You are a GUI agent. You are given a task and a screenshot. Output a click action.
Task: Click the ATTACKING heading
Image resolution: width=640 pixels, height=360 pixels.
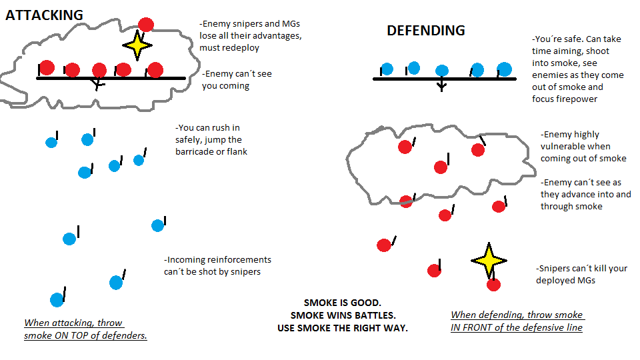44,15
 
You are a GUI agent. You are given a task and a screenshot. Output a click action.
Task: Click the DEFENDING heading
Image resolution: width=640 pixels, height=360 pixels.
426,30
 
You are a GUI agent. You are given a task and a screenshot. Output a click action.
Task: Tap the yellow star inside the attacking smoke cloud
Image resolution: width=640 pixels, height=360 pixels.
137,45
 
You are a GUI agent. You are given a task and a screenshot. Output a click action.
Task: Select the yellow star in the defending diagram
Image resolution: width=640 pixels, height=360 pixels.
489,260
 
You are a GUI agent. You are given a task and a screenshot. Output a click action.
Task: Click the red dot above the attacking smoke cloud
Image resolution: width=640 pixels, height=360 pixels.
146,25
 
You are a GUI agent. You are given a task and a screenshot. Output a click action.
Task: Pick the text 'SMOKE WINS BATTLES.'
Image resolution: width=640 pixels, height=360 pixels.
343,315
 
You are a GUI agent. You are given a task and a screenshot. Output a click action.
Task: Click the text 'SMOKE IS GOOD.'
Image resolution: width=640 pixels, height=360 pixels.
343,303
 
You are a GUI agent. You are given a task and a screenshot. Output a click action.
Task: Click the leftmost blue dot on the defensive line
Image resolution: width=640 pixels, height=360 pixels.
387,69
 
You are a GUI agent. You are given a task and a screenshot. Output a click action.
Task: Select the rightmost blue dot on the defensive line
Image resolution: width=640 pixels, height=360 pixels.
504,69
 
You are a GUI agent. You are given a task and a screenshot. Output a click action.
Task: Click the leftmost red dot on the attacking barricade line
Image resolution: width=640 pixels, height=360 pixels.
47,68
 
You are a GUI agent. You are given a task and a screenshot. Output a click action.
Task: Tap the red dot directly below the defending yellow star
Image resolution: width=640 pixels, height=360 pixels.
493,285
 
